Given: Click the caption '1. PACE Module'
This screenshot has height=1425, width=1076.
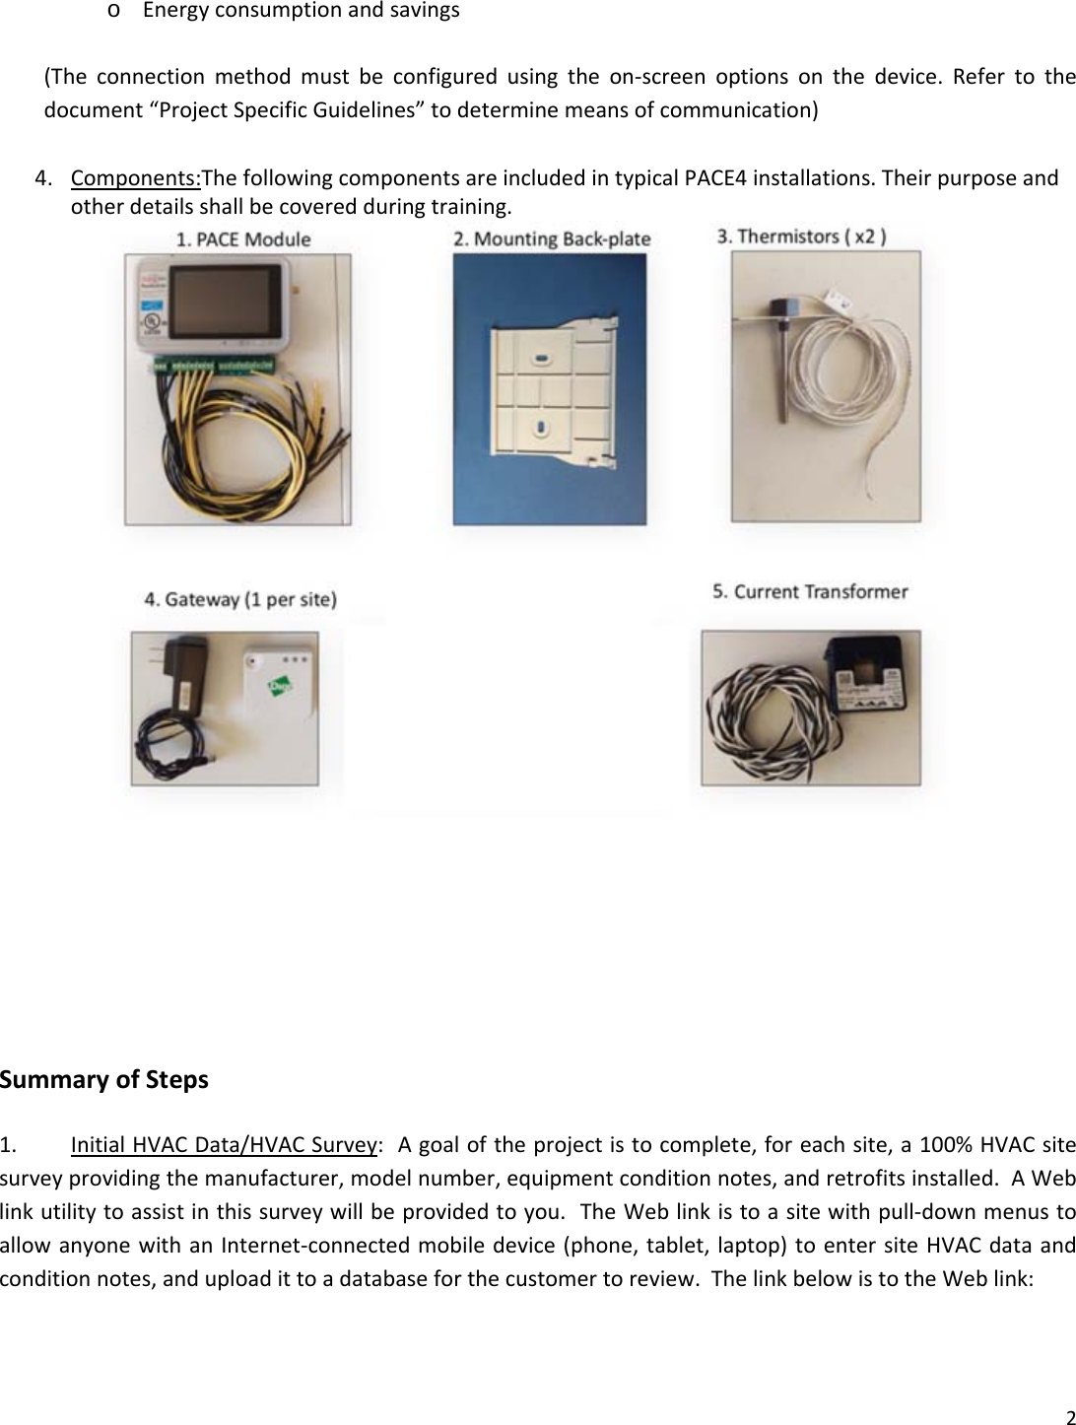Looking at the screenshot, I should click(242, 238).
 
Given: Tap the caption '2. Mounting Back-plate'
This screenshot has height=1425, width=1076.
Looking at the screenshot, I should click(552, 238).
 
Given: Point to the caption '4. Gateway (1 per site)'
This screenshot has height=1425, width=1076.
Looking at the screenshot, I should click(240, 599).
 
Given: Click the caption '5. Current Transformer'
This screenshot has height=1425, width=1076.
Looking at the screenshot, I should click(810, 591).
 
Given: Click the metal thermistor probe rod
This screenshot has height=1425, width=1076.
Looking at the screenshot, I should click(784, 371).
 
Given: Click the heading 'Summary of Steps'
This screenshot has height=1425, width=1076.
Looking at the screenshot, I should click(104, 1080).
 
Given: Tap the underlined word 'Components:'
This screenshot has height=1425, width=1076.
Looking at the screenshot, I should click(136, 178).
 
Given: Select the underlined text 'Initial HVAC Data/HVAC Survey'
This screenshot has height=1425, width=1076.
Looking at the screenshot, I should click(225, 1145).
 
